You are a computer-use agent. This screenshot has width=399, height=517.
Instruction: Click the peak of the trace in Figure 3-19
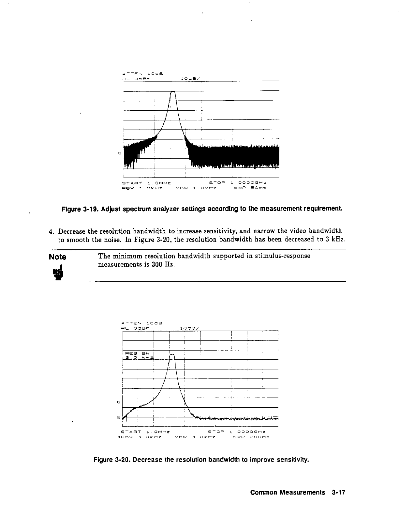click(173, 92)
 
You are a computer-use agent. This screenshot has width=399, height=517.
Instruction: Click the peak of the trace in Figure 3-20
click(173, 355)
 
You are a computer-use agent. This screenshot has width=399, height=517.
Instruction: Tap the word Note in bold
click(57, 257)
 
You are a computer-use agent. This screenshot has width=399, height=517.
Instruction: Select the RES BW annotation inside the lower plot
click(137, 353)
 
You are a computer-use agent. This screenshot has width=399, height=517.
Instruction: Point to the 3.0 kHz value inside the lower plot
click(137, 358)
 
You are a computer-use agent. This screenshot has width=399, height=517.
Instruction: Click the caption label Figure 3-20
click(112, 460)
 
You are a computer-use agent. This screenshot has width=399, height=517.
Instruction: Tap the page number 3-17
click(337, 492)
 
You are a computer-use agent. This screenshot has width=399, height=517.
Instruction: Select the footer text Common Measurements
click(288, 492)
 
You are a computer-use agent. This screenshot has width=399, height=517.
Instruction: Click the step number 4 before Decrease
click(51, 232)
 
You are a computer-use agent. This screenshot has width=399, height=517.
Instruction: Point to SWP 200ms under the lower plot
click(251, 436)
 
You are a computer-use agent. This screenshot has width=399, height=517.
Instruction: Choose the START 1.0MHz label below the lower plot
click(146, 431)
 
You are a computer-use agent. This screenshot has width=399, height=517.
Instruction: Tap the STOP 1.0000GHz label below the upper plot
click(237, 183)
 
